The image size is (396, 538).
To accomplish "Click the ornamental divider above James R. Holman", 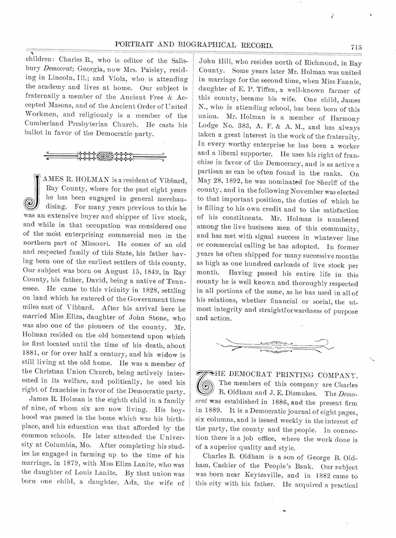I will coord(105,156).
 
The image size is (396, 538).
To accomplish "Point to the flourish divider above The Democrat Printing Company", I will coord(275,346).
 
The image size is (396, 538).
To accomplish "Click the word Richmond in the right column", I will coord(286,63).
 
